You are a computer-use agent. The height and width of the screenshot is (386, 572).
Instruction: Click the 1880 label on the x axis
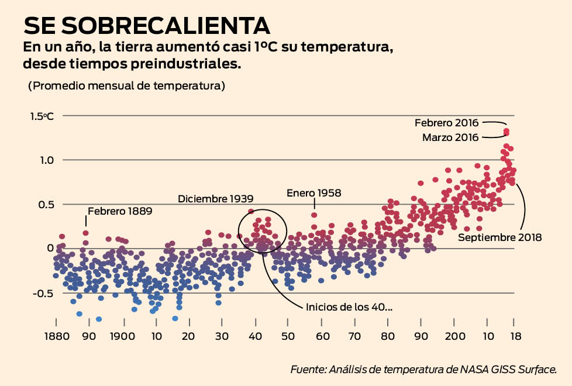tap(56, 337)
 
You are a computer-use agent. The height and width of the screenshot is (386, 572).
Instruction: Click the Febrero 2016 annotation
tap(446, 123)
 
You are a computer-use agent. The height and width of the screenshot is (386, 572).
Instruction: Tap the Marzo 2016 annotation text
tap(450, 137)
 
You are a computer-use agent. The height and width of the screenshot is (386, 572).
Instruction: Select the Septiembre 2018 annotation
tap(499, 237)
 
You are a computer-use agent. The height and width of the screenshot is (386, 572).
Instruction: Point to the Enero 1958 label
tap(313, 192)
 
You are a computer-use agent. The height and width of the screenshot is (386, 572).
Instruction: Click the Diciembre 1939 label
tap(216, 199)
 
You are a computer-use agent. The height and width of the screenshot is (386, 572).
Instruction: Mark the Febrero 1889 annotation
tap(119, 211)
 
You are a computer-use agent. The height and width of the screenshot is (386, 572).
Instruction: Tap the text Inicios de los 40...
tap(349, 307)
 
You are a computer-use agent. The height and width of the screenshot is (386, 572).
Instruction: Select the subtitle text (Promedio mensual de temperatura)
tap(126, 85)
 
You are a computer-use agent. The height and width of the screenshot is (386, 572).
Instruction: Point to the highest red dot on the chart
tap(506, 131)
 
